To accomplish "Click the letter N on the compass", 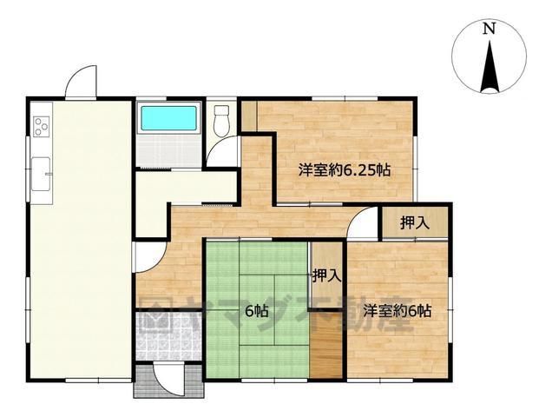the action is [x=489, y=29].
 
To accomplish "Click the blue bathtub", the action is [x=169, y=118].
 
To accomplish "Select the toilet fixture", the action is [x=222, y=120].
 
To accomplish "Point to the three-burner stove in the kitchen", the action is [x=42, y=127].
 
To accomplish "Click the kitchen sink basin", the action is [x=41, y=174].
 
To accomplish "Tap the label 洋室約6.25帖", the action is [x=345, y=170].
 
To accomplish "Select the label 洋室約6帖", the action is [x=398, y=311].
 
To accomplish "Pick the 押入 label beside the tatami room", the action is [x=327, y=275].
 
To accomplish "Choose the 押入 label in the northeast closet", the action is [x=415, y=222].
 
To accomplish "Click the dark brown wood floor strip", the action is [x=326, y=345].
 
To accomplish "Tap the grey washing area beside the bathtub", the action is [x=168, y=150].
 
